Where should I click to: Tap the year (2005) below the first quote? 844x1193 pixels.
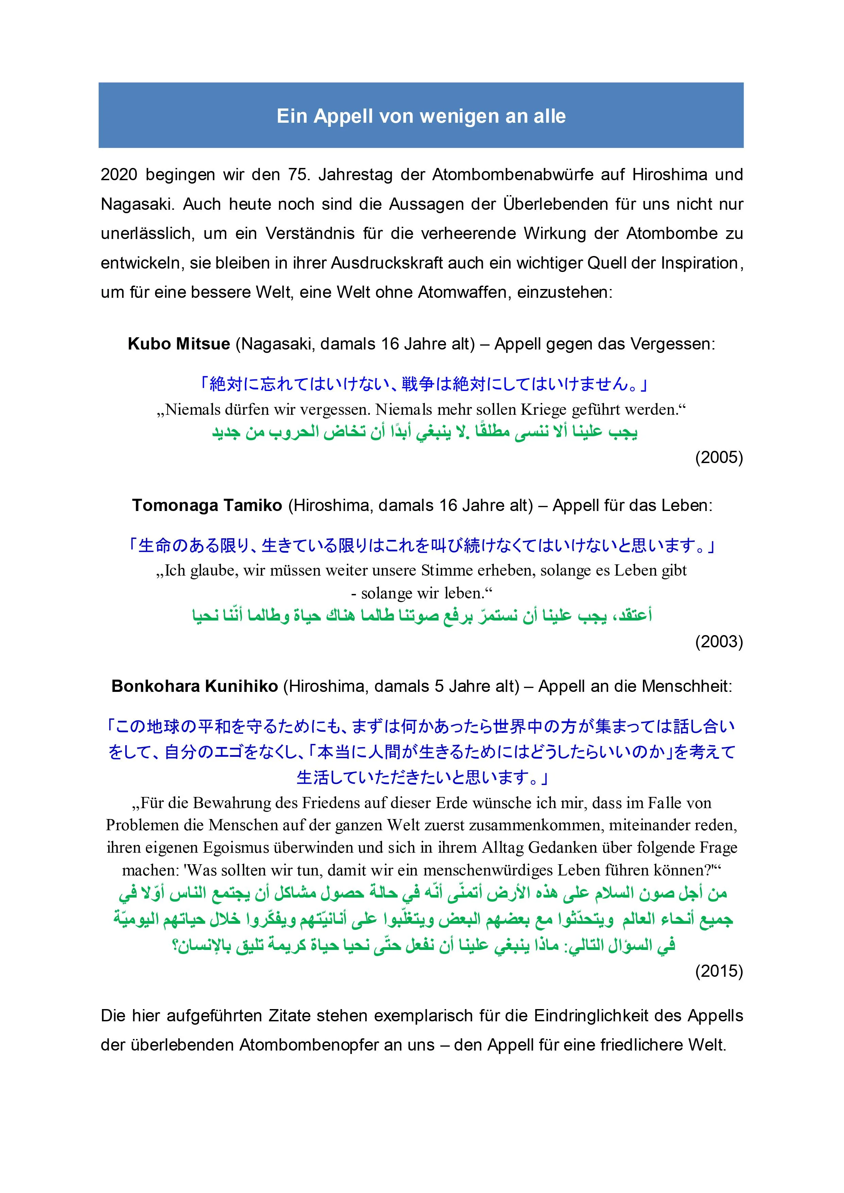[x=719, y=457]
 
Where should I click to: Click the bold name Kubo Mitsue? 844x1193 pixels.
[x=179, y=344]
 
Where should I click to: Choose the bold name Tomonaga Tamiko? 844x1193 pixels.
[x=207, y=506]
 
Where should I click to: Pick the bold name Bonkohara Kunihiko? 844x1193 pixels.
[x=195, y=686]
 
